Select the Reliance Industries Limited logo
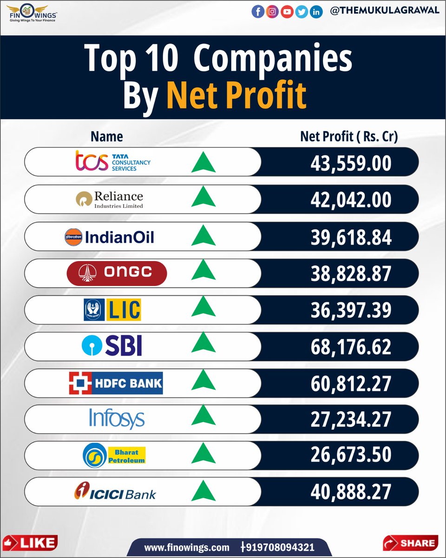tap(110, 199)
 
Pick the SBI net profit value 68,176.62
tap(351, 347)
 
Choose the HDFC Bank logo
tap(116, 383)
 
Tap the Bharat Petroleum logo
tap(114, 455)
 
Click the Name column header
tap(107, 136)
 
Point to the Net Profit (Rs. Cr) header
tap(349, 136)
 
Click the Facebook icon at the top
tap(258, 12)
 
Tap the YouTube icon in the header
tap(287, 12)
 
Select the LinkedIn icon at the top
tap(316, 12)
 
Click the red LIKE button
tap(30, 542)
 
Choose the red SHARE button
tap(410, 542)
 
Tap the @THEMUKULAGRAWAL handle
tap(384, 11)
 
